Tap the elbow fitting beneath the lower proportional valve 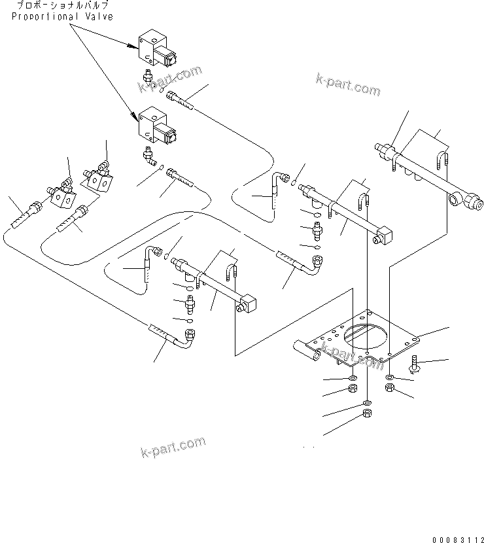149,156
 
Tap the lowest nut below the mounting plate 368,414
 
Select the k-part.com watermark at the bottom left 173,448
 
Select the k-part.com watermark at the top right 347,85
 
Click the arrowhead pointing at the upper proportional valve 132,46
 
